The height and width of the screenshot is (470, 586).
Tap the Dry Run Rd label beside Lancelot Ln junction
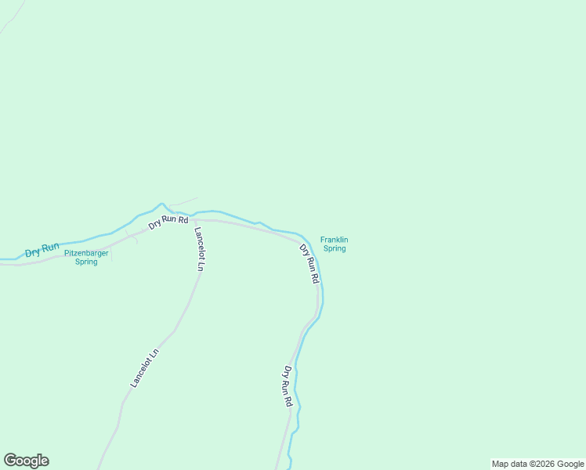tap(168, 222)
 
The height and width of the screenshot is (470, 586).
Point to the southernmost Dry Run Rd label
tap(288, 386)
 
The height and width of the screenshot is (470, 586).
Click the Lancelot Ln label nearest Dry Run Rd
tap(199, 248)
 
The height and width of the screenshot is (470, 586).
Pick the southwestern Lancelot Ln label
tap(144, 367)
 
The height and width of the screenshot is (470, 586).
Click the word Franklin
tap(334, 240)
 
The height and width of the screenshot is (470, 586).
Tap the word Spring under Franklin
tap(335, 249)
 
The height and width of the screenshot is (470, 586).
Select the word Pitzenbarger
tap(86, 253)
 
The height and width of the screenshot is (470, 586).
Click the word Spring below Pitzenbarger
tap(86, 262)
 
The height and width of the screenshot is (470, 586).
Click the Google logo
tap(26, 461)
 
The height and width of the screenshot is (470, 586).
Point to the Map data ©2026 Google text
tap(537, 464)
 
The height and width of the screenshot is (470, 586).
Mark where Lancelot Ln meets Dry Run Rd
tap(193, 220)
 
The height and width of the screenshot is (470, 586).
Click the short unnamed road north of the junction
tap(185, 202)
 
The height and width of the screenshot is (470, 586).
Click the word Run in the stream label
tap(51, 248)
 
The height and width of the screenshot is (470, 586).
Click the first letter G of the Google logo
tap(9, 461)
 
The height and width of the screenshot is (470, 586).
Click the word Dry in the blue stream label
tap(33, 253)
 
